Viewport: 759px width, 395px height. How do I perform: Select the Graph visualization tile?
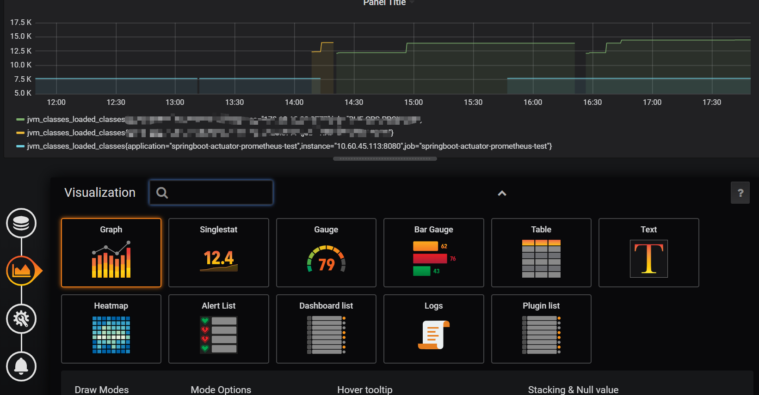click(111, 253)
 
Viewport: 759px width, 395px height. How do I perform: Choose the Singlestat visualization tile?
click(219, 253)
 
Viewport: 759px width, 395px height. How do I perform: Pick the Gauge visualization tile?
click(326, 253)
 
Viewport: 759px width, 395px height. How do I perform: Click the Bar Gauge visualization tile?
click(434, 253)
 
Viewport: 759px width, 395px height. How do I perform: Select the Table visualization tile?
click(541, 253)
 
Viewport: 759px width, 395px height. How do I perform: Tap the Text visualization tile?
click(648, 253)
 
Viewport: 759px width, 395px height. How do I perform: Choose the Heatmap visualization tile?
click(111, 329)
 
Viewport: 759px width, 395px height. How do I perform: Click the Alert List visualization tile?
click(219, 329)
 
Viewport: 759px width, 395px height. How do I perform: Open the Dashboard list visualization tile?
click(326, 329)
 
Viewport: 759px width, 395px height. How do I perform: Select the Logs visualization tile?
click(434, 329)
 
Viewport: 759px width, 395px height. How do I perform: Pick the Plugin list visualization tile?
click(541, 329)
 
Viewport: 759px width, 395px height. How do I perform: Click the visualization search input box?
click(217, 193)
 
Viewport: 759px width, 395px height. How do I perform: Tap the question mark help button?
click(740, 193)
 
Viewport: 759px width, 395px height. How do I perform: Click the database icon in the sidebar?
click(21, 223)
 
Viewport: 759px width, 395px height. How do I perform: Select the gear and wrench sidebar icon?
click(21, 319)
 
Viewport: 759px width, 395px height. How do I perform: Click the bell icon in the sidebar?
click(21, 366)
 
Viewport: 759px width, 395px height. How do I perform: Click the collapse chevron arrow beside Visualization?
click(502, 194)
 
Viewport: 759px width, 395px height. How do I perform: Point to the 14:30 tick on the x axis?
click(354, 102)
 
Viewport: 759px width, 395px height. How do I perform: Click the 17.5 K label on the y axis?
click(21, 22)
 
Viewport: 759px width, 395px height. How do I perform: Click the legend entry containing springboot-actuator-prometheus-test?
click(289, 146)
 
